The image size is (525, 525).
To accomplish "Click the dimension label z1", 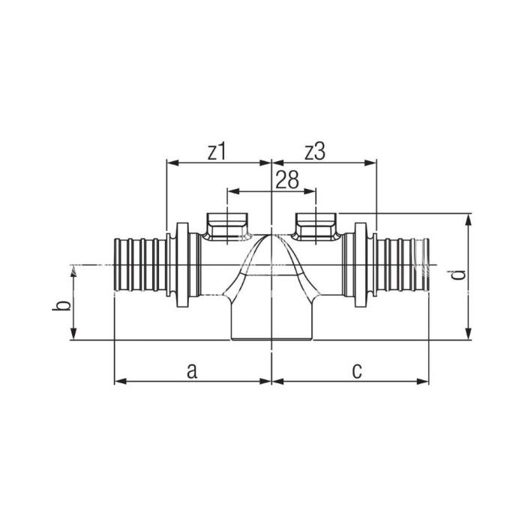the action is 217,152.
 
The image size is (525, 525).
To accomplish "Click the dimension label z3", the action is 315,152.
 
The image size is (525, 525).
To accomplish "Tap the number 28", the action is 287,180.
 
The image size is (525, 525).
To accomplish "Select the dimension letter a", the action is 192,371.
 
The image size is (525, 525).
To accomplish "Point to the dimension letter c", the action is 357,371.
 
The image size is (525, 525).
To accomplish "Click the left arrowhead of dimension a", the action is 120,381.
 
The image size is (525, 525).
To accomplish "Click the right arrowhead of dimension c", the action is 423,381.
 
